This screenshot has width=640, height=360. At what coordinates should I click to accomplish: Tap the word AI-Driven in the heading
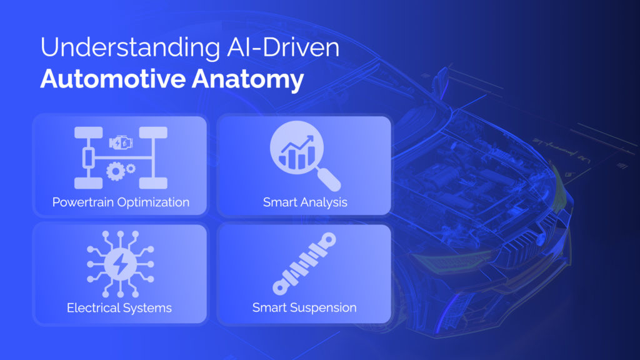[x=283, y=47]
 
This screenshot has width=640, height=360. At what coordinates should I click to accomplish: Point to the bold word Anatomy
[x=247, y=79]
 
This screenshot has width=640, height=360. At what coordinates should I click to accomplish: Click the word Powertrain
[x=83, y=202]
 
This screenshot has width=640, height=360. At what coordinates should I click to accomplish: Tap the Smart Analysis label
[x=305, y=202]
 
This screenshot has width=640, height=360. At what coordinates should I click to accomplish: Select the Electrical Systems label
[x=119, y=307]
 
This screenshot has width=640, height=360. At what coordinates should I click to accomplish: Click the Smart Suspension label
[x=304, y=307]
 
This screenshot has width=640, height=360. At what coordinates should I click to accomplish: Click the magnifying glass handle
[x=329, y=179]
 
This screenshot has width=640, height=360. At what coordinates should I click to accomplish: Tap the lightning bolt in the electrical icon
[x=121, y=264]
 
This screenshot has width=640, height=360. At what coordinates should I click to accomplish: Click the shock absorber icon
[x=304, y=264]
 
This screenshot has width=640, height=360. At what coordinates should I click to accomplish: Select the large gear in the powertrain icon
[x=116, y=171]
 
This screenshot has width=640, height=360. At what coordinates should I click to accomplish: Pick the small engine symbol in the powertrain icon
[x=121, y=143]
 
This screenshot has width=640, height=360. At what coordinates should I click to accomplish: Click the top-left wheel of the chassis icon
[x=89, y=132]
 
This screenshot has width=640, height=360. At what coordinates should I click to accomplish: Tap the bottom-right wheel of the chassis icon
[x=153, y=183]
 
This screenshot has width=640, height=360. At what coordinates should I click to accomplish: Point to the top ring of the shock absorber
[x=328, y=240]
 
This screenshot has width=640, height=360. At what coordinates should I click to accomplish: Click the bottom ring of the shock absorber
[x=281, y=287]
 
